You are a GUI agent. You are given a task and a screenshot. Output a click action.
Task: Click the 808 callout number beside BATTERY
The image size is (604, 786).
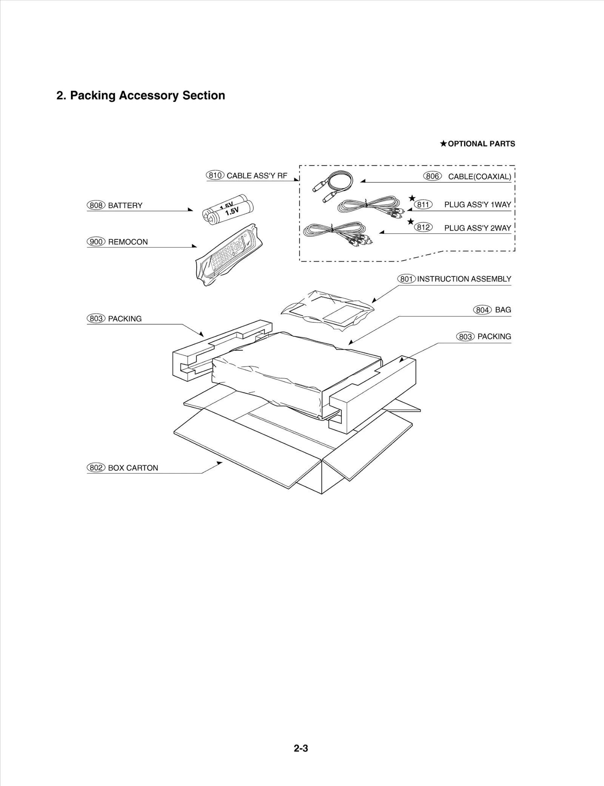point(96,205)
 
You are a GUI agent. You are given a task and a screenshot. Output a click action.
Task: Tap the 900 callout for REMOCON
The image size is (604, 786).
point(96,242)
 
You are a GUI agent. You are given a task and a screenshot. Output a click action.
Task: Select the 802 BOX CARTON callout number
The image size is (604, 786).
point(96,468)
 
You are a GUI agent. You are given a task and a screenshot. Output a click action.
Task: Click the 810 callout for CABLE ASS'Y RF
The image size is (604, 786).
point(215,175)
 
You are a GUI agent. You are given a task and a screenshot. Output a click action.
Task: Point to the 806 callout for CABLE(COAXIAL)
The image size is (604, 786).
point(432,176)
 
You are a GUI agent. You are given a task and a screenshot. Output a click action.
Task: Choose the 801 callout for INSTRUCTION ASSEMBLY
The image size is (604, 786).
point(406,279)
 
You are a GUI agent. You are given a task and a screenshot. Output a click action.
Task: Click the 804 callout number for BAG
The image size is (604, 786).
point(482,310)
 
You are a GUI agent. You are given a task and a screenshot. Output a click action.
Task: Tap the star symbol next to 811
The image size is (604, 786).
point(412,198)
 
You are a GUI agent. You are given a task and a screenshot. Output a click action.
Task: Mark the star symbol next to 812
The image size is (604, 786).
point(411,222)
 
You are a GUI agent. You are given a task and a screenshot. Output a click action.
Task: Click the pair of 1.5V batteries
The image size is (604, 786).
point(229,210)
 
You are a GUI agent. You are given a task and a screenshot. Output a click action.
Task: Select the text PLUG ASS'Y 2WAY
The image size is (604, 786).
point(477,228)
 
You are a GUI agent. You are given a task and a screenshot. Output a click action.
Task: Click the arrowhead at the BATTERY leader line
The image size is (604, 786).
point(191,210)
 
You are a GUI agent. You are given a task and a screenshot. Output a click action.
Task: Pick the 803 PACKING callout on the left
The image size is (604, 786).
point(96,319)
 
